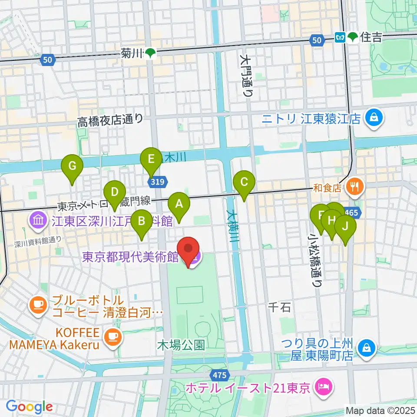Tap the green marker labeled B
tap(142, 222)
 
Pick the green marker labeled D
tap(114, 192)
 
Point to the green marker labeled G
tap(73, 166)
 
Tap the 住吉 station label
tap(371, 38)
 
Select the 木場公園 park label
tap(181, 346)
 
